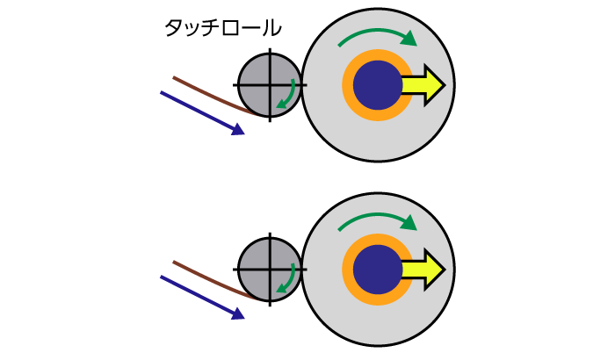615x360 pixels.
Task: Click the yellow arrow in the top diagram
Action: (426, 85)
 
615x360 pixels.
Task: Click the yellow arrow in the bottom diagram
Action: (426, 270)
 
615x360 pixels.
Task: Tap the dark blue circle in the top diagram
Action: (377, 85)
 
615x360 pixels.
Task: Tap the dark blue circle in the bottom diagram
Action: (377, 270)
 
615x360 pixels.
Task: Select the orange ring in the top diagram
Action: (348, 85)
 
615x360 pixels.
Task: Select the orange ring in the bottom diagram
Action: (348, 270)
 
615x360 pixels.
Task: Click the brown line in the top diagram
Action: (211, 96)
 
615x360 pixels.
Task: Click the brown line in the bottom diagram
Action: (211, 280)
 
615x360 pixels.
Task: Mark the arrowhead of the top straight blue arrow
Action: (238, 130)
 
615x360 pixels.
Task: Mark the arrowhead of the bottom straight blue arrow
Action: (238, 314)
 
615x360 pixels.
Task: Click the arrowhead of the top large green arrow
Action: (409, 39)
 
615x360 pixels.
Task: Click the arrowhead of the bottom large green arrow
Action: (409, 223)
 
